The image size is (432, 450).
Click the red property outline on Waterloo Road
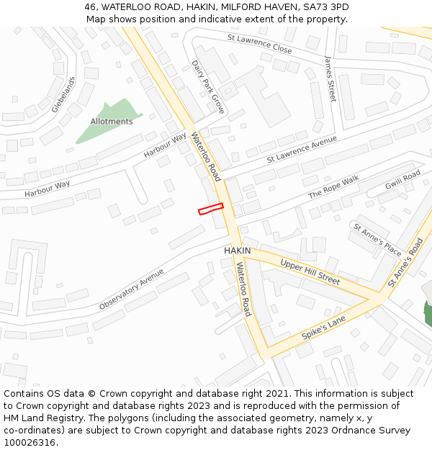point(210,209)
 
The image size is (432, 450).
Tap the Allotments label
point(112,122)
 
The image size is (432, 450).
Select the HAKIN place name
point(238,251)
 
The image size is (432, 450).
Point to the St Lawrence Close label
point(259,43)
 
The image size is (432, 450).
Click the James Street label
point(330,78)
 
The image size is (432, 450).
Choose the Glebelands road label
point(63,94)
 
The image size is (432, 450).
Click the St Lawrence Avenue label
point(302,148)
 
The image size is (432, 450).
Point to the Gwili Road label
point(402,180)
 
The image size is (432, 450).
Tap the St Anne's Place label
point(377,239)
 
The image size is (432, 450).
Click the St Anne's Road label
point(407,264)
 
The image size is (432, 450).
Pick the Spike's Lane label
point(324,327)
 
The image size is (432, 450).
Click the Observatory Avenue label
point(132,289)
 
